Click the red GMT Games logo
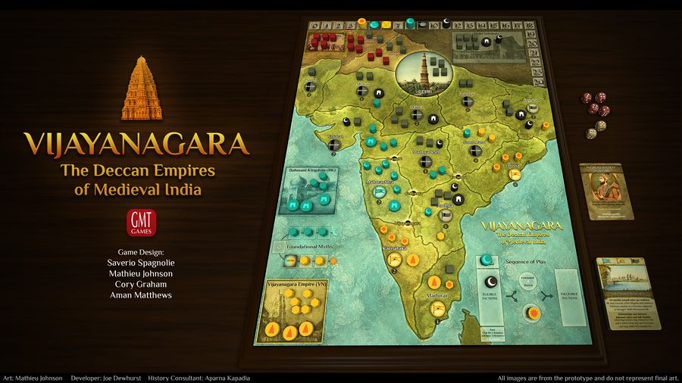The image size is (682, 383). [139, 223]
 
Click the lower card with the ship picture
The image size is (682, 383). [628, 291]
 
